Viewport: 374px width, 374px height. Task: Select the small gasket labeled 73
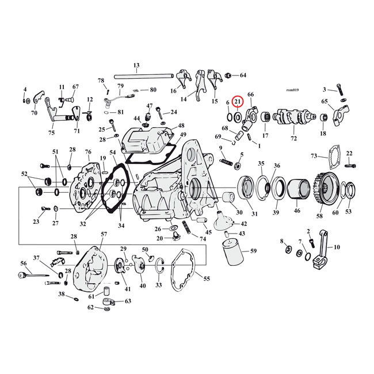(x=330, y=167)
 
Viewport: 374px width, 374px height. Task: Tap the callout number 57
(x=104, y=235)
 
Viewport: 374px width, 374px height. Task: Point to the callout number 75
(x=51, y=133)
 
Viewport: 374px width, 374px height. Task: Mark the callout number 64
(x=242, y=75)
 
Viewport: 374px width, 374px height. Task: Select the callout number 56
(x=24, y=263)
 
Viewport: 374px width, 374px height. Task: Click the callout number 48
(x=181, y=126)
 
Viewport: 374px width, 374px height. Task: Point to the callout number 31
(x=254, y=214)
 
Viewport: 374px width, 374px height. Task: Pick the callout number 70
(x=34, y=113)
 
